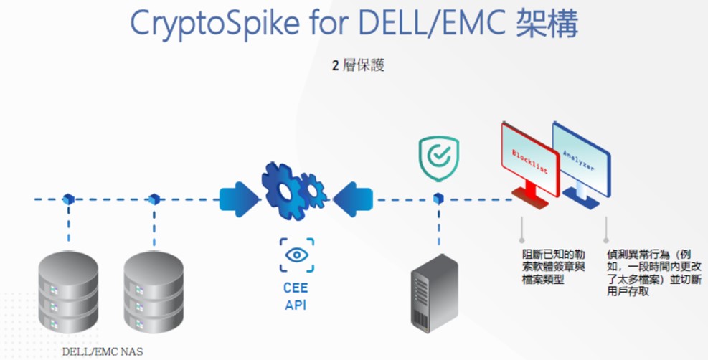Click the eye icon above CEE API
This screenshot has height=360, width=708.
tap(296, 255)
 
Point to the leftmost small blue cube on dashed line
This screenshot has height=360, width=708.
tap(68, 198)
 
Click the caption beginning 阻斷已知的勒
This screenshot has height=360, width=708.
tap(553, 266)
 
